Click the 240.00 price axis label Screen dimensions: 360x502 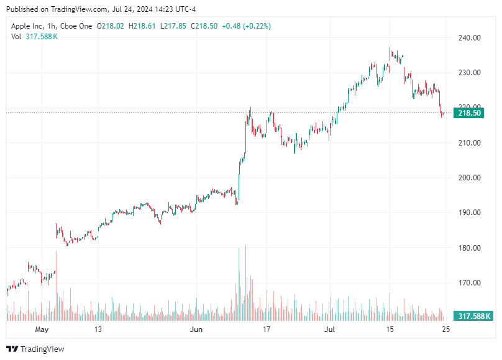(x=470, y=38)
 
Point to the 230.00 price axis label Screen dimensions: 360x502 (x=470, y=73)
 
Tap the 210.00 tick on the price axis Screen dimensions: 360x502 (x=470, y=143)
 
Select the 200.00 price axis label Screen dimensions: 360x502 (x=470, y=178)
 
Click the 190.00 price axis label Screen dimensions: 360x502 (x=470, y=213)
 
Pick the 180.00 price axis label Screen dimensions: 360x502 (x=470, y=248)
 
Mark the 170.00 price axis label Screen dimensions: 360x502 (x=470, y=283)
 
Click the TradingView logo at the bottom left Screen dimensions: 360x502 (x=35, y=349)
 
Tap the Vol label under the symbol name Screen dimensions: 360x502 (x=17, y=37)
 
